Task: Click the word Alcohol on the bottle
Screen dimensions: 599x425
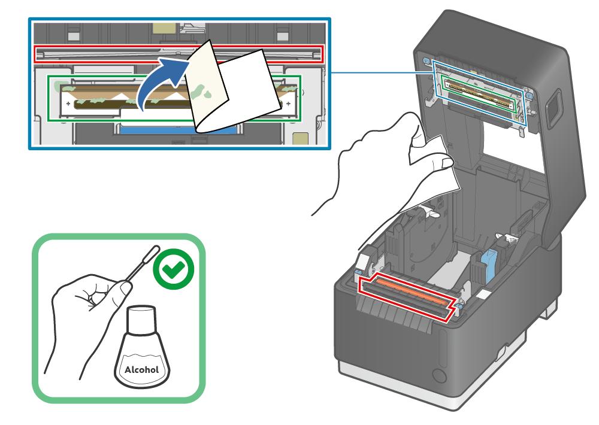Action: click(x=141, y=370)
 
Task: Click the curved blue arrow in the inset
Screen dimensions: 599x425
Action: click(x=161, y=82)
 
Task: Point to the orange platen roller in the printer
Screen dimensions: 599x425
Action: click(x=408, y=290)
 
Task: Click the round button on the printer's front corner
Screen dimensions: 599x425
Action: click(x=439, y=376)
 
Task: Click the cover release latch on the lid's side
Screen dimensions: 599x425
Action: click(x=552, y=109)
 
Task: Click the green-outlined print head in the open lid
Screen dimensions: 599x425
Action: click(x=479, y=93)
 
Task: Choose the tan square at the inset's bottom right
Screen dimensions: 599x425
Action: click(x=300, y=139)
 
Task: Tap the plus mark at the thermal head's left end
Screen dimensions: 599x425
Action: click(x=68, y=104)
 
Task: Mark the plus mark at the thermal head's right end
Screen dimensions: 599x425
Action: click(x=288, y=103)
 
